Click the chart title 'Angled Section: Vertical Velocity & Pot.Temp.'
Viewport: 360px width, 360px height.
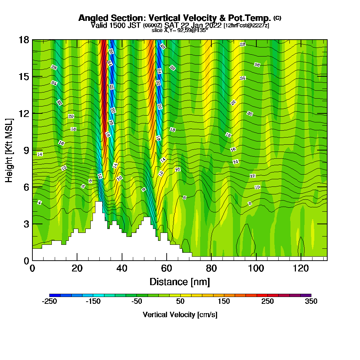pos(175,18)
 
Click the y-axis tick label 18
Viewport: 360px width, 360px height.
pos(23,40)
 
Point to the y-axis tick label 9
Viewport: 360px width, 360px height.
pos(26,150)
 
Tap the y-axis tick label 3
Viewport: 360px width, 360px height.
pos(26,224)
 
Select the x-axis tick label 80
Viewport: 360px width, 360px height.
pos(211,268)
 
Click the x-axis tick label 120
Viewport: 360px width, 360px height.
pos(301,268)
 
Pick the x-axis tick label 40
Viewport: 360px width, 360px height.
pos(122,268)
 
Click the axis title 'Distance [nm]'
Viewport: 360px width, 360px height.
pos(180,281)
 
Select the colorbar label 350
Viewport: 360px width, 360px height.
pos(311,302)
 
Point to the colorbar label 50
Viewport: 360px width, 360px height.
pos(180,302)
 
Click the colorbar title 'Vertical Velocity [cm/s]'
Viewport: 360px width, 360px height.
pos(180,315)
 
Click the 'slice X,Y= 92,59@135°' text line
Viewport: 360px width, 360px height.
pos(180,30)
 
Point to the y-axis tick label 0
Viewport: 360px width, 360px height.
pos(26,260)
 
